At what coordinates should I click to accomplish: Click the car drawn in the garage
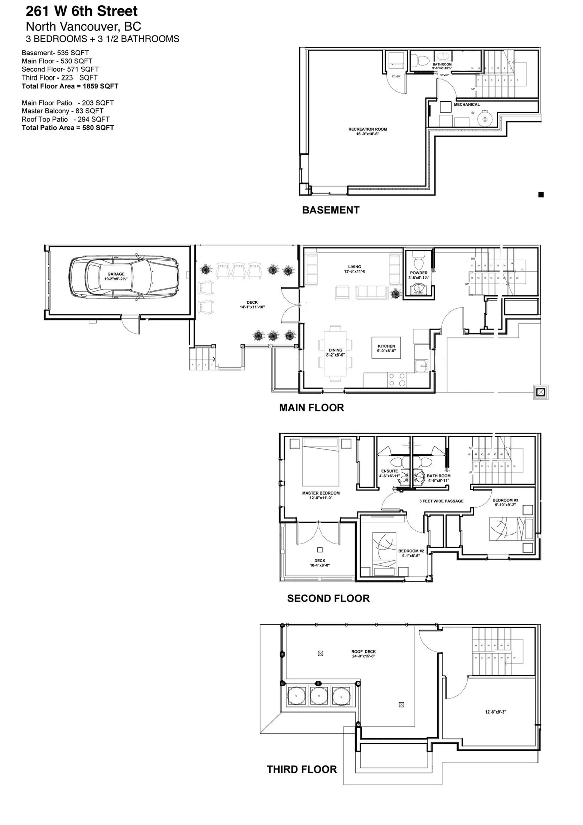[x=124, y=277]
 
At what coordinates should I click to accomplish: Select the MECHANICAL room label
[x=467, y=105]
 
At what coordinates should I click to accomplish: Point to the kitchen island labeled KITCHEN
[x=386, y=348]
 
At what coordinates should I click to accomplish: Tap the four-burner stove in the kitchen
[x=397, y=380]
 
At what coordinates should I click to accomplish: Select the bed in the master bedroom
[x=321, y=462]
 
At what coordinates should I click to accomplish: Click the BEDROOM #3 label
[x=505, y=500]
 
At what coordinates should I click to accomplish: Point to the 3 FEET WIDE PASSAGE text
[x=442, y=501]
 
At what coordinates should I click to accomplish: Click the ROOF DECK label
[x=363, y=651]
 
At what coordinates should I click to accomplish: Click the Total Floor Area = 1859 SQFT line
[x=70, y=86]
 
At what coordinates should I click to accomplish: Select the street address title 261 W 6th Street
[x=82, y=11]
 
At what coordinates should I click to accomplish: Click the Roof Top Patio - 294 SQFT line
[x=66, y=119]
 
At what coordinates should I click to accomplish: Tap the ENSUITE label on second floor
[x=389, y=471]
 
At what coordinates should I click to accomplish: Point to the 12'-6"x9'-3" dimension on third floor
[x=495, y=712]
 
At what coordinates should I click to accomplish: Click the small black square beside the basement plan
[x=541, y=195]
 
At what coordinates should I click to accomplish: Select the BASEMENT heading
[x=331, y=210]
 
